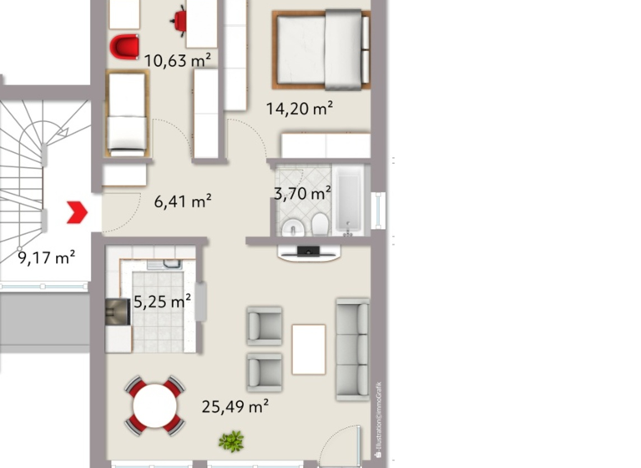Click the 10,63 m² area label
[x=177, y=60]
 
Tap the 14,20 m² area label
[x=300, y=107]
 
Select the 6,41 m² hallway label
[x=183, y=201]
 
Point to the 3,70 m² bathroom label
[x=302, y=194]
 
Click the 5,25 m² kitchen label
[x=162, y=303]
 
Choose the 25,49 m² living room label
[x=235, y=407]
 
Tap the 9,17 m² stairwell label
[x=47, y=257]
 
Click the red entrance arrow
[x=78, y=212]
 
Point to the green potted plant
[x=230, y=440]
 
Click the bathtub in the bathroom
[x=348, y=201]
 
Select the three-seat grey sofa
[x=351, y=347]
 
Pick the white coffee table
[x=308, y=348]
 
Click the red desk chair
[x=179, y=18]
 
